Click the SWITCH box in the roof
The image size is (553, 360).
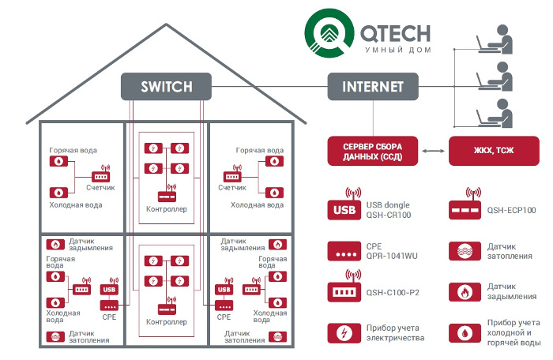click(x=166, y=86)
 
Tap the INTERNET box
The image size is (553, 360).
click(x=373, y=86)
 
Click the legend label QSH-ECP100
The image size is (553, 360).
click(x=512, y=211)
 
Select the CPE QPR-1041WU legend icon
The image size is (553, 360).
click(x=344, y=251)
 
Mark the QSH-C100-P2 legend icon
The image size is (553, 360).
click(x=344, y=288)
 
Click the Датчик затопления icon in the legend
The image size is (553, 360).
click(x=464, y=251)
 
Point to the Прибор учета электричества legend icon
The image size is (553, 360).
click(x=344, y=332)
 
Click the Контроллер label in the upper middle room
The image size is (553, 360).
click(x=167, y=209)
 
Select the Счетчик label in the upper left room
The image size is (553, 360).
click(x=100, y=188)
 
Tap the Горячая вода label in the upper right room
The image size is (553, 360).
click(x=260, y=150)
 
